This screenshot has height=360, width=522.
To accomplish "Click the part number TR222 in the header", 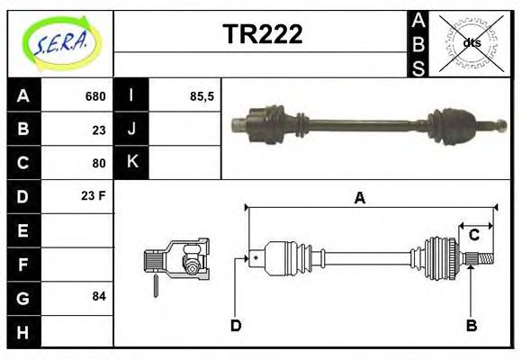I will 263,34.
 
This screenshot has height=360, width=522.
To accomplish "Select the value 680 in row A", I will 95,96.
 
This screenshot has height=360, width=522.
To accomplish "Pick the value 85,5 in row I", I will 202,96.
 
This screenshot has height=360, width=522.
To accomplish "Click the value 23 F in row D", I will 94,195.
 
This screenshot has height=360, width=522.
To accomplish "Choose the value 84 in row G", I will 98,296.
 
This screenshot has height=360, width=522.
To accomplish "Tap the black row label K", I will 131,162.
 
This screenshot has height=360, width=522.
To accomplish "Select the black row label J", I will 131,129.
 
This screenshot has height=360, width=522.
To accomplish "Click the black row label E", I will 23,230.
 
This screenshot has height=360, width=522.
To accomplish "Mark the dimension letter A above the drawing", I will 359,198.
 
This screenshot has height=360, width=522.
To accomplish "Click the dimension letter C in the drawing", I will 473,236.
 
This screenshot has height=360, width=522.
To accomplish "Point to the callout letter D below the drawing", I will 236,325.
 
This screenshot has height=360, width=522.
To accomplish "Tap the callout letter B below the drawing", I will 470,325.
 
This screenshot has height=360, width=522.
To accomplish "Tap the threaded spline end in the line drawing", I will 483,260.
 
